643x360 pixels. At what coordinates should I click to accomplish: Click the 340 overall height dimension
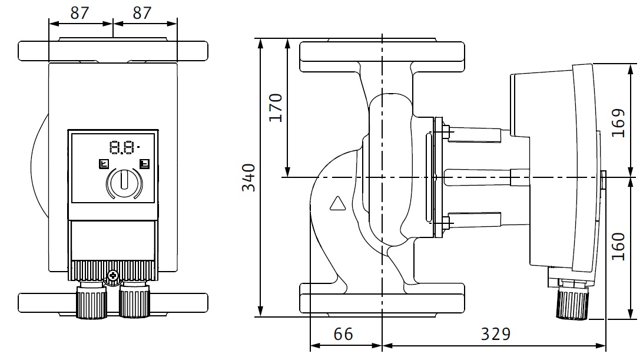[x=249, y=177]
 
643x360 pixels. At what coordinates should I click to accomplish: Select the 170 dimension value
[x=276, y=107]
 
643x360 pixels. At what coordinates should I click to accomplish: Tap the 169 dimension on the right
[x=618, y=123]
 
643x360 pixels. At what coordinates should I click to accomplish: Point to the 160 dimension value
[x=618, y=246]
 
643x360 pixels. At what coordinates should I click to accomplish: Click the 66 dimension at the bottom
[x=343, y=335]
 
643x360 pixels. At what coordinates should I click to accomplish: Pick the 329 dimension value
[x=496, y=335]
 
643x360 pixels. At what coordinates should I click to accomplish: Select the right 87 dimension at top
[x=142, y=13]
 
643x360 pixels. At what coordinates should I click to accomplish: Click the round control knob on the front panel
[x=124, y=180]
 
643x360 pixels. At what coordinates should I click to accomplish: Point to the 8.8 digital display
[x=123, y=147]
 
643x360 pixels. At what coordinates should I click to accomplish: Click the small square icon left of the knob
[x=104, y=164]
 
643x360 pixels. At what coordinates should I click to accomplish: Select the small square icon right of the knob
[x=144, y=164]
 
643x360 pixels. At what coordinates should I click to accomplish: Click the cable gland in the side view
[x=572, y=303]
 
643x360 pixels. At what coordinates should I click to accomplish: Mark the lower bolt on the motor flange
[x=446, y=223]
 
